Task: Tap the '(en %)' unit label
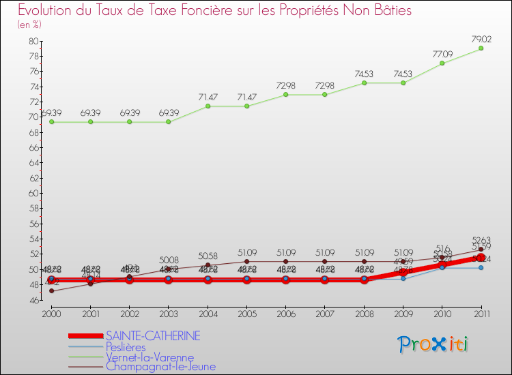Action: (29, 25)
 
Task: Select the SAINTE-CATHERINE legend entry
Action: (152, 335)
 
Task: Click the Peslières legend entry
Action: (126, 346)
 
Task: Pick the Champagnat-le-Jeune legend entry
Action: (160, 366)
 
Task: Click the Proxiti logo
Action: (433, 344)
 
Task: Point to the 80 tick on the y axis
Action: (33, 41)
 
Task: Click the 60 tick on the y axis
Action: (33, 193)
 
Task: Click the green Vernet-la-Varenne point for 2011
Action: (481, 48)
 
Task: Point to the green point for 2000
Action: (51, 122)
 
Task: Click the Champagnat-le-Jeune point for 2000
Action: (51, 291)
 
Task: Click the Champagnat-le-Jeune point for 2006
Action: (286, 261)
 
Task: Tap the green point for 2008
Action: (364, 82)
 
